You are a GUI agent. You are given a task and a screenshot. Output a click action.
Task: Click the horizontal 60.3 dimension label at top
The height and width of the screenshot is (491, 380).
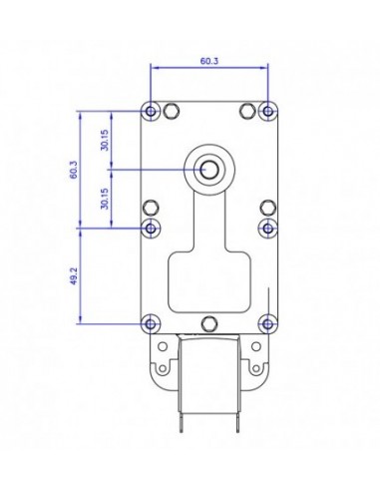(x=209, y=61)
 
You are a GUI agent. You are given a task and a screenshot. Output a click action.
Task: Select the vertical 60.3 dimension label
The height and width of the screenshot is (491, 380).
(x=73, y=169)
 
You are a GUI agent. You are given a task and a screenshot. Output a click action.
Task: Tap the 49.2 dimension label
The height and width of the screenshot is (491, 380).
(x=73, y=276)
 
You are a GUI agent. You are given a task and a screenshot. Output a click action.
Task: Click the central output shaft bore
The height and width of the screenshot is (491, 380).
(x=209, y=169)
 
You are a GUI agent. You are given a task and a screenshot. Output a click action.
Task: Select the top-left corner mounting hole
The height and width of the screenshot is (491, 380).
(x=151, y=109)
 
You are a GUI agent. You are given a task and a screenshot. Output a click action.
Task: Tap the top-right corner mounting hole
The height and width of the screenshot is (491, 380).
(x=267, y=109)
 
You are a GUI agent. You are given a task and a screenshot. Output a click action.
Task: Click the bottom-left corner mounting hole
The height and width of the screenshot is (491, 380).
(x=151, y=323)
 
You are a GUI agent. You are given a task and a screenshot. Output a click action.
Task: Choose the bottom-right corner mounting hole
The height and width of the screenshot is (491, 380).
(x=267, y=323)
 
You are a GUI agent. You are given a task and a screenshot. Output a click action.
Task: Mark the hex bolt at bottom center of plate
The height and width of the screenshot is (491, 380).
(x=209, y=323)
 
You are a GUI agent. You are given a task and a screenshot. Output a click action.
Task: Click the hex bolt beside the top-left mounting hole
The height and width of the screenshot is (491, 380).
(x=172, y=109)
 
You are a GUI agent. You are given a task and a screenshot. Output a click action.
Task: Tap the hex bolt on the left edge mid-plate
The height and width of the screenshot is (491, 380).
(x=152, y=208)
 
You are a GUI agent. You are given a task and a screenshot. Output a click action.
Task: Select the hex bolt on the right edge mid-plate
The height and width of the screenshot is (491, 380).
(x=266, y=208)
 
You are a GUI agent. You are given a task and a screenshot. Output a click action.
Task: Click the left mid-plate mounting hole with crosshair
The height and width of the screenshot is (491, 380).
(x=151, y=229)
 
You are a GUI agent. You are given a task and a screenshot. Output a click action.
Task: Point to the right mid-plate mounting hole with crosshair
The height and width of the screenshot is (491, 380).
(x=267, y=229)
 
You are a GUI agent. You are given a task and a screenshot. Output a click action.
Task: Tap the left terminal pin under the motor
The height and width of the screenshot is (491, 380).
(x=177, y=452)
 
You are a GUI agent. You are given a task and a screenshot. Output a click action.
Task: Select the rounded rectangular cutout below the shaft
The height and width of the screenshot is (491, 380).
(x=209, y=281)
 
